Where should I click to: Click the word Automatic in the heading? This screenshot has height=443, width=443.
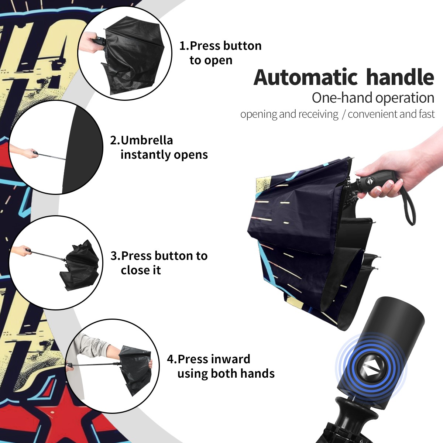point(306,77)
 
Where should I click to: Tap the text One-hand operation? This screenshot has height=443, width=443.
point(373,98)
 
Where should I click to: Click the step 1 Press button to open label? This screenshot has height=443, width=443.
point(220,53)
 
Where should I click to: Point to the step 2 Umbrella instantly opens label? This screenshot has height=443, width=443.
point(159,147)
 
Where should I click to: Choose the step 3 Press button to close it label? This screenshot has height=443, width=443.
point(159,263)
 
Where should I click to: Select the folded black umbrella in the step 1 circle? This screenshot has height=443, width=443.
point(133,59)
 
